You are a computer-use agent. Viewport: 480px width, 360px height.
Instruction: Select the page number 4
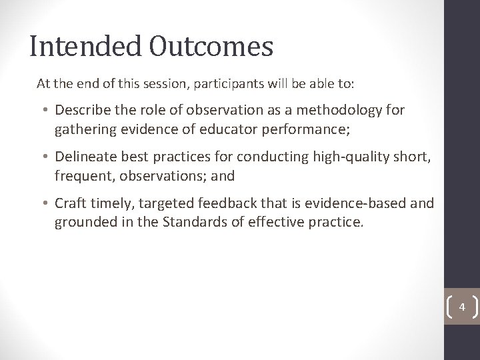click(x=462, y=308)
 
